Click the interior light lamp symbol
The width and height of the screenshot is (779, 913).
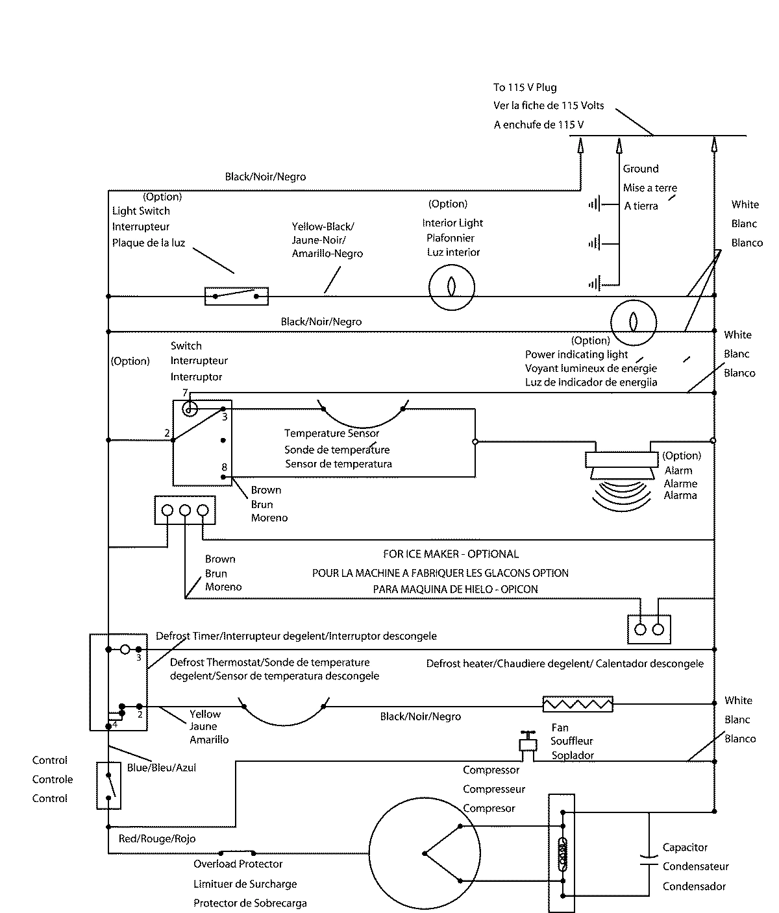tap(452, 286)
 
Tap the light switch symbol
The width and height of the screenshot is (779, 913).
tap(236, 296)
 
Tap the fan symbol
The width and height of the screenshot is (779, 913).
tap(526, 743)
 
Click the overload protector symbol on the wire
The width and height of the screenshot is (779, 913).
tap(237, 852)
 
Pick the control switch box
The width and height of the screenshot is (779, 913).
tap(108, 785)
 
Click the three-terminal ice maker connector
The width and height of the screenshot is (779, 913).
tap(185, 511)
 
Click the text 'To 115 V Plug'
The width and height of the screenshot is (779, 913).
tap(525, 88)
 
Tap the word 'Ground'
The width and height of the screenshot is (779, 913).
tap(641, 169)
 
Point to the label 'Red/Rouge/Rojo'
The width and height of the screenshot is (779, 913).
tap(157, 838)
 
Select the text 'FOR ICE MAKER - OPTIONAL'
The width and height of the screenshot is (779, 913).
tap(451, 554)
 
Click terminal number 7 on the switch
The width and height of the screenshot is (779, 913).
tap(185, 393)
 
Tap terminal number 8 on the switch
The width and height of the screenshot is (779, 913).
tap(224, 467)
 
